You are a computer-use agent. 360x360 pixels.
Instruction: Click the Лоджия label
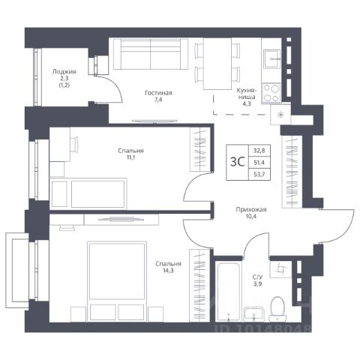click(64, 72)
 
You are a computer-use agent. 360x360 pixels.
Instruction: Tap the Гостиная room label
click(158, 93)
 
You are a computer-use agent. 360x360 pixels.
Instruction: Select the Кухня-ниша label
click(246, 94)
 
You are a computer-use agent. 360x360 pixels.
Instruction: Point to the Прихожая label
click(251, 209)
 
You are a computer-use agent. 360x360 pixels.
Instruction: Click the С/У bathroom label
click(257, 277)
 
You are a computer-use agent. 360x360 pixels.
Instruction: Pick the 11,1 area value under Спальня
click(130, 157)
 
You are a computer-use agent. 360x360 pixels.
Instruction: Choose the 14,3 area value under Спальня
click(168, 271)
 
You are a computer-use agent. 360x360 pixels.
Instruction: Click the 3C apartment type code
click(237, 162)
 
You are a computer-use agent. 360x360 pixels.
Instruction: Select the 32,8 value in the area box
click(259, 151)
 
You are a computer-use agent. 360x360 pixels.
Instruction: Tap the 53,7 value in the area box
click(259, 174)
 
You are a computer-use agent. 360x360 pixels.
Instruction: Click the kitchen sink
click(271, 58)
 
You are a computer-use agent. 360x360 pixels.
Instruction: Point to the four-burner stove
click(271, 93)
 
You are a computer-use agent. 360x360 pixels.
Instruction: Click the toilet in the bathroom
click(277, 309)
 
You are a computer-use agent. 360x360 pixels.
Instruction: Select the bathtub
click(229, 292)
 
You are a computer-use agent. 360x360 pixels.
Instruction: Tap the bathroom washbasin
click(253, 314)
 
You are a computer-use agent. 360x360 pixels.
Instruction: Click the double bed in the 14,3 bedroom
click(117, 281)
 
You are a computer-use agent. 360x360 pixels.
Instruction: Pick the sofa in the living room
click(151, 54)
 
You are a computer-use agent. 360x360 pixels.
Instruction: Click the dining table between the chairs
click(217, 64)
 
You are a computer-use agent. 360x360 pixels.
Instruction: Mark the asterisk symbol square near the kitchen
click(280, 115)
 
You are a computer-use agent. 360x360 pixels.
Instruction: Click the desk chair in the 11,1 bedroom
click(74, 144)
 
